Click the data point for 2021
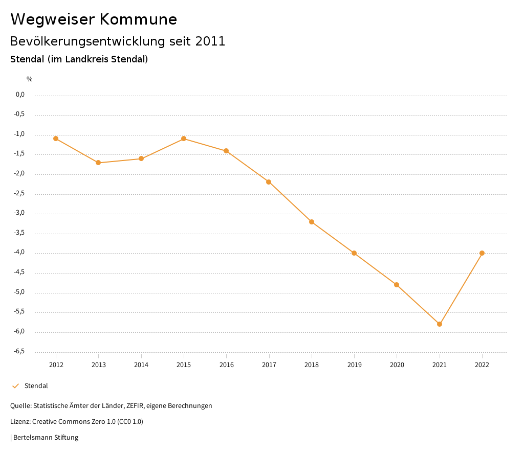point(440,324)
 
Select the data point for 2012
point(56,139)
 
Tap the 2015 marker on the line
point(184,139)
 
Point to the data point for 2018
point(312,222)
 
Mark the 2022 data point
point(482,253)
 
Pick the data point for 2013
point(98,163)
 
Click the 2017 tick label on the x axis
point(269,365)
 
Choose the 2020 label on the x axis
point(397,365)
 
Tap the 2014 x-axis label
point(141,365)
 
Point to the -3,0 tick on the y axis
point(20,213)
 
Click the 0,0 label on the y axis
point(20,95)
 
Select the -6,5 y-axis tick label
point(20,351)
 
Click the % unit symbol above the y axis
point(30,79)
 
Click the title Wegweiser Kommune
point(94,19)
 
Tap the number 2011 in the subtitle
point(210,41)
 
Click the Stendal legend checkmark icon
point(15,386)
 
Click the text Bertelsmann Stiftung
point(46,438)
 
